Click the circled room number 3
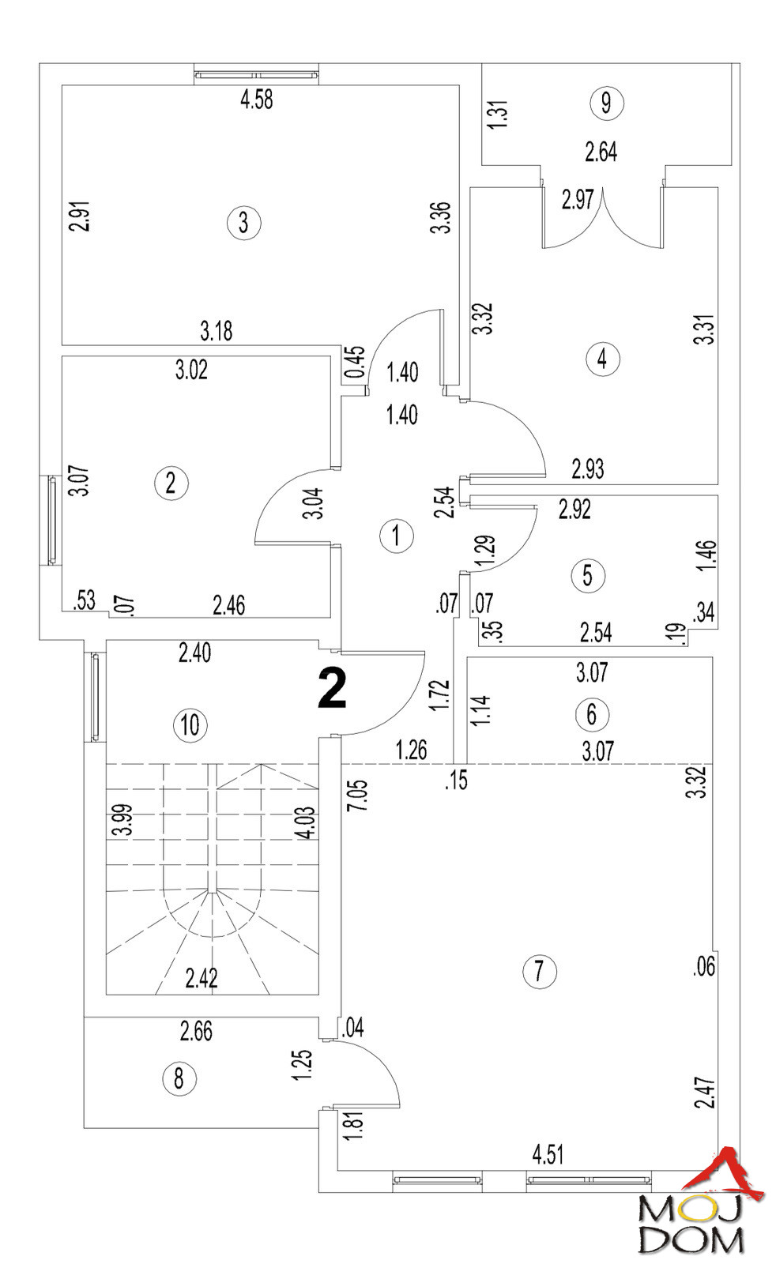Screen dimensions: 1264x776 (243, 223)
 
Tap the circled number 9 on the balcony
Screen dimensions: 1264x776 (606, 103)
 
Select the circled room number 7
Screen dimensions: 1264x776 (540, 970)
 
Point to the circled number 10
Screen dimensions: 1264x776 (190, 724)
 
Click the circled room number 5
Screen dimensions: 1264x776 (587, 575)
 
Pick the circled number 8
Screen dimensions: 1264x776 (179, 1078)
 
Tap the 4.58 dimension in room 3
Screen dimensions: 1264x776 (256, 100)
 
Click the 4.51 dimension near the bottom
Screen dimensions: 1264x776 (548, 1155)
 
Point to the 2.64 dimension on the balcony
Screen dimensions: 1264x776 (601, 152)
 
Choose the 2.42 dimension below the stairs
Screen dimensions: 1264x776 (202, 979)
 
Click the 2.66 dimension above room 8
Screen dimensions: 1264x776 (196, 1032)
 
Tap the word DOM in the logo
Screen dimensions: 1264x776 (691, 1240)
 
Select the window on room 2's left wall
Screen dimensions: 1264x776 (52, 520)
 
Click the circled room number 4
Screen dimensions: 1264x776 (603, 359)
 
